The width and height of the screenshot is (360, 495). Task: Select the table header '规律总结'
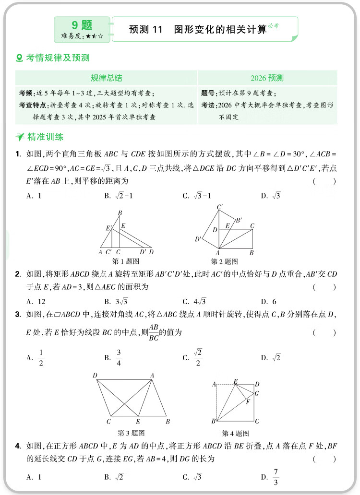click(106, 78)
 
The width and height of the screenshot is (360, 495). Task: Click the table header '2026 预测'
click(267, 78)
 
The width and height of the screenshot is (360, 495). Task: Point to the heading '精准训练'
click(45, 137)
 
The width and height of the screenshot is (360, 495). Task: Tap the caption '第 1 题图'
click(125, 261)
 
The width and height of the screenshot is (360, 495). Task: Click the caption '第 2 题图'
click(224, 261)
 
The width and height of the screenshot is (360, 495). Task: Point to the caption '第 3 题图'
click(131, 433)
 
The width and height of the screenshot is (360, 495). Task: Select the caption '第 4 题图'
click(235, 433)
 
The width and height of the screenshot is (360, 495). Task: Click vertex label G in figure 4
click(257, 394)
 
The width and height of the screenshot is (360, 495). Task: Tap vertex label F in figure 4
click(248, 402)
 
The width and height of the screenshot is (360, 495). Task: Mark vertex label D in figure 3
click(95, 376)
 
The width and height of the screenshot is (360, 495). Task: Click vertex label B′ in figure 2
click(238, 220)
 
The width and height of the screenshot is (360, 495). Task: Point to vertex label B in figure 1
click(120, 213)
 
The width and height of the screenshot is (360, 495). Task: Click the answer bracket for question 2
click(324, 287)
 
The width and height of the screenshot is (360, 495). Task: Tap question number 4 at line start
click(18, 447)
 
